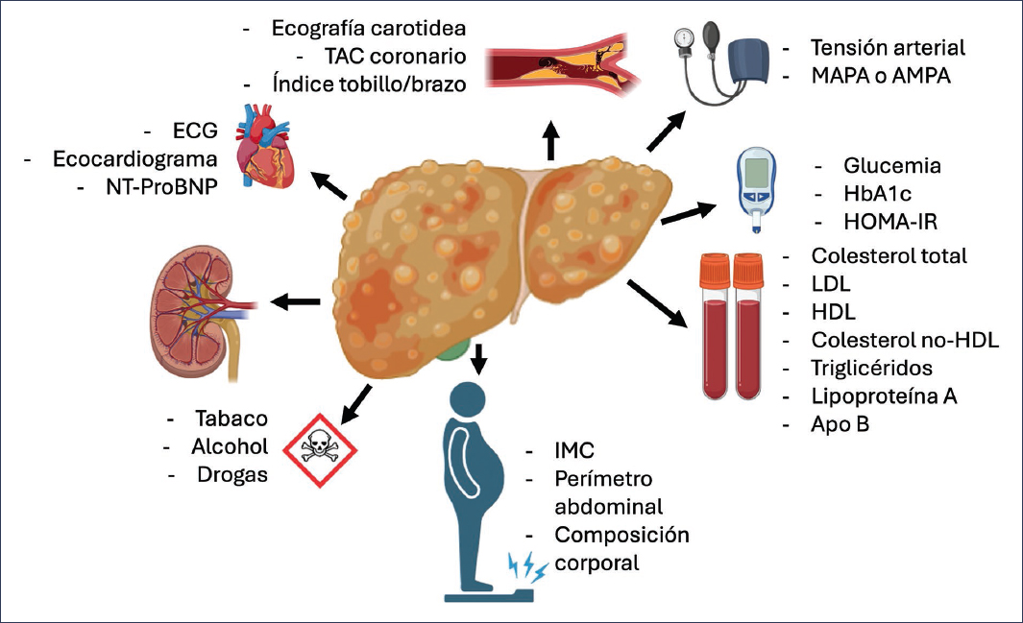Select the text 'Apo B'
[x=840, y=422]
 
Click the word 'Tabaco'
[x=231, y=419]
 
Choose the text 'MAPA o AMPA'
[x=881, y=74]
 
